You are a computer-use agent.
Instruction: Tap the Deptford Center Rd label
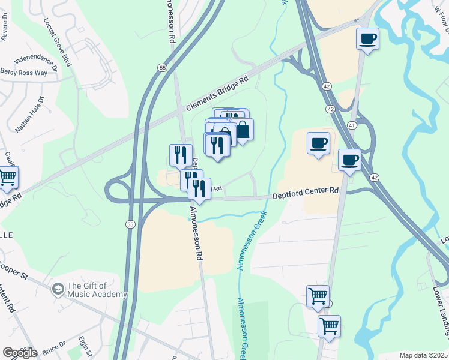coord(306,191)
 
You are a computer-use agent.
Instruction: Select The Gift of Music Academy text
coord(97,290)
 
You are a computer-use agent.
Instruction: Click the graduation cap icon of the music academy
coord(58,289)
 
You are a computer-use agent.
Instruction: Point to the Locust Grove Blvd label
coord(57,41)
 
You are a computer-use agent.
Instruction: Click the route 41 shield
coord(352,125)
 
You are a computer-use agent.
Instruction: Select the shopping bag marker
coord(242,130)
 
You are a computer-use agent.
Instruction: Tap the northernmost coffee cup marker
coord(367,39)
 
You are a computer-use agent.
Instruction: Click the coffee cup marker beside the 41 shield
coord(349,160)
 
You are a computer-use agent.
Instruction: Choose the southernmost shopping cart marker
coord(329,326)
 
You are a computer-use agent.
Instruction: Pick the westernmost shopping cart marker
coord(7,178)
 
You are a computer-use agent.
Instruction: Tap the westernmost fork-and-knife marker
coord(181,155)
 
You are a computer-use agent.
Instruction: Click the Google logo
coord(19,352)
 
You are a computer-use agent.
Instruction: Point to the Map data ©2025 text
coord(423,355)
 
